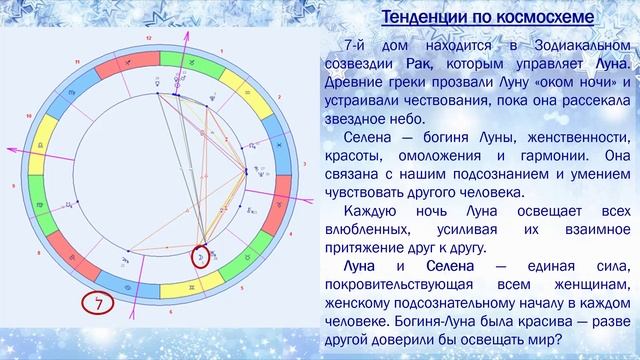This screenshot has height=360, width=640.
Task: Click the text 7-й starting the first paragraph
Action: [354, 44]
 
